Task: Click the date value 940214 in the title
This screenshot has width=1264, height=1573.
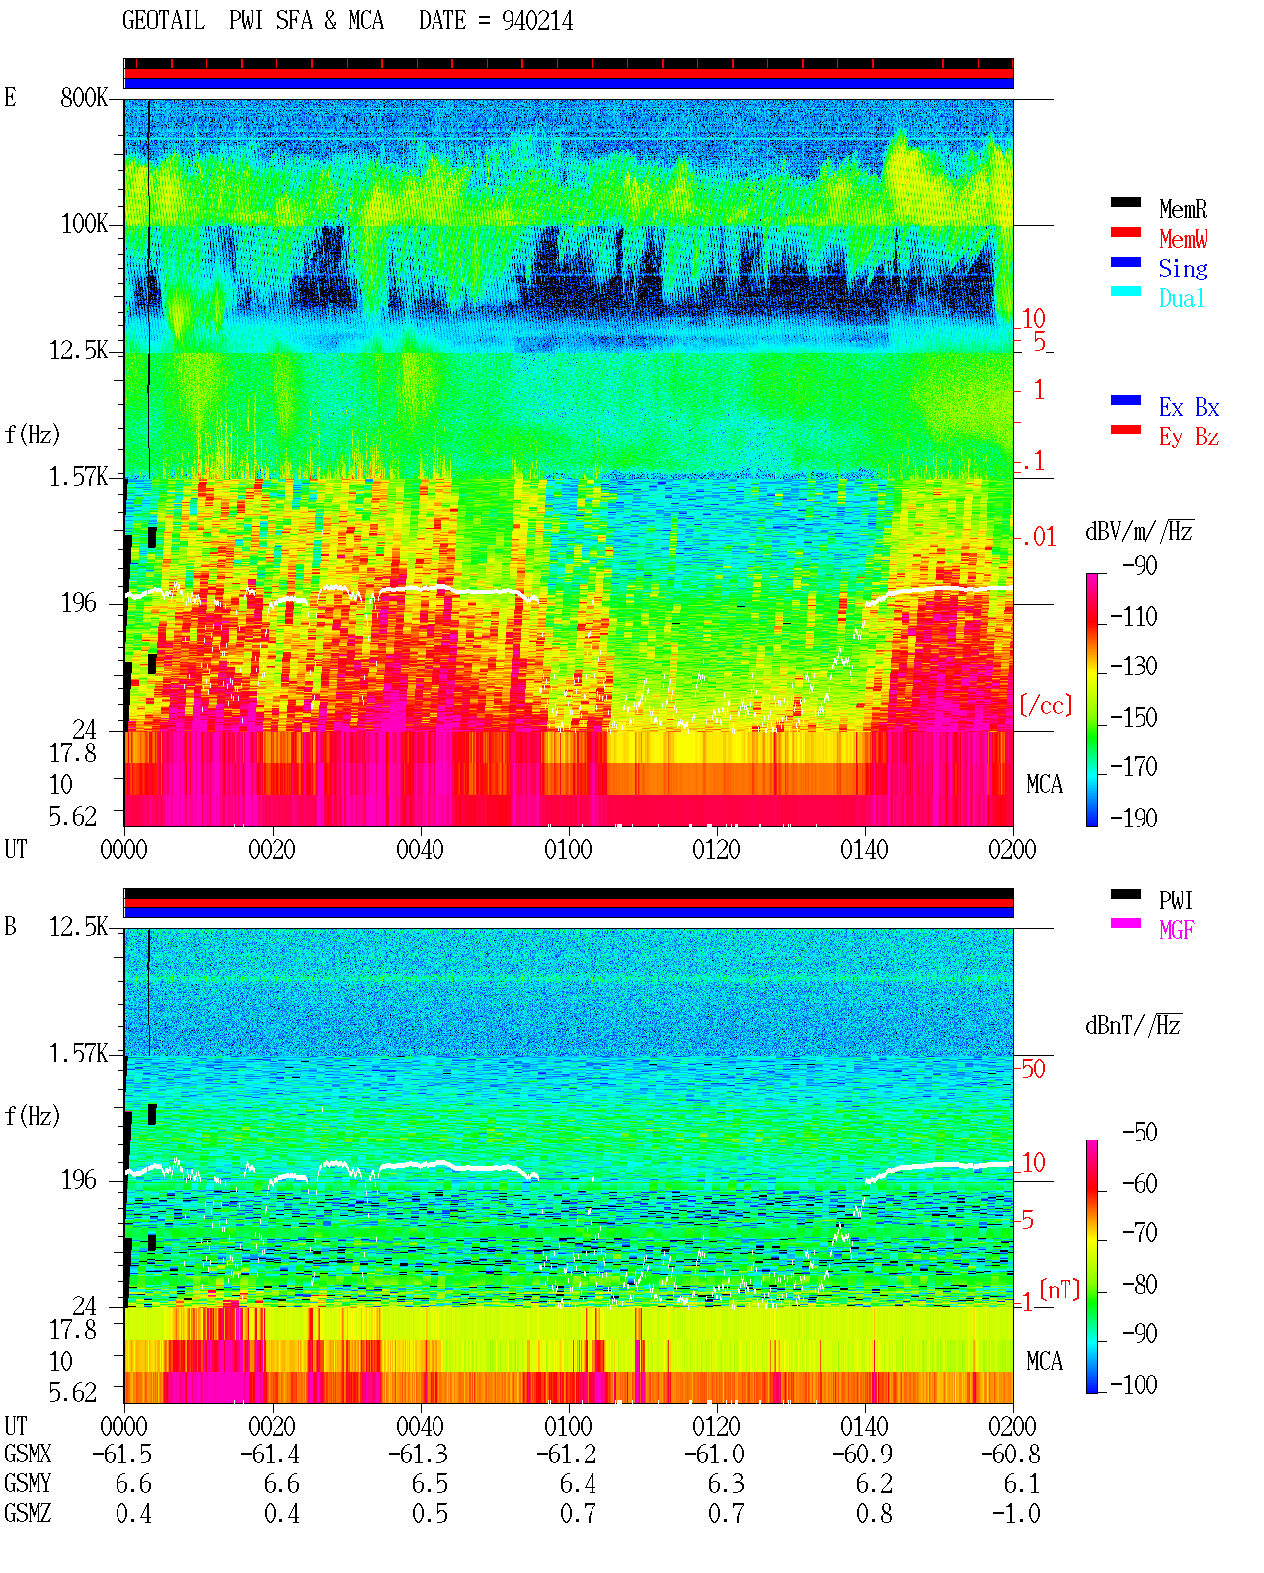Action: pos(536,21)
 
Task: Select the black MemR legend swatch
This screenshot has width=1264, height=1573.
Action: pos(1125,202)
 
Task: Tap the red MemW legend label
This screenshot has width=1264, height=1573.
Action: pos(1183,239)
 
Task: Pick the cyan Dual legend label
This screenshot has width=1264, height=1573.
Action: pos(1181,298)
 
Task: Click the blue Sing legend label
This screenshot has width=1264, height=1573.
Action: pos(1182,269)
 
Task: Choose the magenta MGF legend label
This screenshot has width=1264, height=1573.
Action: pos(1176,930)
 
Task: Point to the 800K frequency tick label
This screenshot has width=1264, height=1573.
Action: pos(84,97)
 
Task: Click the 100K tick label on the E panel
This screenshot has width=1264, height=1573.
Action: pos(84,224)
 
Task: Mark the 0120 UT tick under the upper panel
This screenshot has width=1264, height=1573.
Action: pos(716,849)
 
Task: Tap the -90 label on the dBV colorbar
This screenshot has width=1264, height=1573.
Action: pos(1140,565)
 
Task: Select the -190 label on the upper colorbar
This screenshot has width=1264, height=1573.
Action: pos(1134,818)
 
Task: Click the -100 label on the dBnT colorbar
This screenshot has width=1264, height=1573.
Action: pos(1134,1384)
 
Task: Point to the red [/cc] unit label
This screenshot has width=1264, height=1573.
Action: pos(1046,705)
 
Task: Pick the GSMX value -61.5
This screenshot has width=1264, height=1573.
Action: pos(122,1454)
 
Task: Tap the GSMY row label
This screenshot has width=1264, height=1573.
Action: pos(28,1483)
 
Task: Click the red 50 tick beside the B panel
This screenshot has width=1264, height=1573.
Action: pos(1033,1068)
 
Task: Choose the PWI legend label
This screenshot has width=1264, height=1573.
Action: pos(1175,900)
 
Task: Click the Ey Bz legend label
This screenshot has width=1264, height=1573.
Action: pos(1189,436)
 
